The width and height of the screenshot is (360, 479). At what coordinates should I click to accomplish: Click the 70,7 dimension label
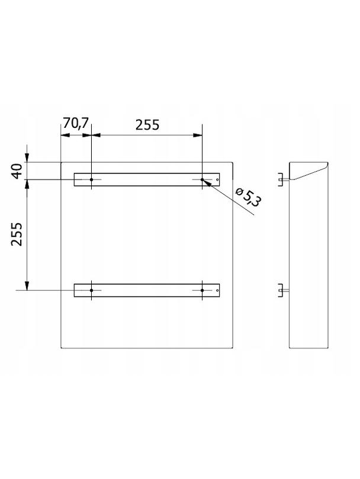click(75, 123)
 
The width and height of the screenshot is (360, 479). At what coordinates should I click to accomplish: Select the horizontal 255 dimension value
click(147, 125)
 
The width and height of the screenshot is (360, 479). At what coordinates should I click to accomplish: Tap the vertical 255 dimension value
click(17, 234)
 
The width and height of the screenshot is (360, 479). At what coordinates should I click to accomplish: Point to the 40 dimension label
click(17, 171)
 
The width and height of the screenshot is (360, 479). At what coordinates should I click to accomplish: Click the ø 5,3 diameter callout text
click(248, 197)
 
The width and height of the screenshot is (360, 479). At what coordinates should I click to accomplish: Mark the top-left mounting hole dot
click(91, 179)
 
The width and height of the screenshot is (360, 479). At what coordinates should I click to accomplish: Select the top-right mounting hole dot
click(202, 179)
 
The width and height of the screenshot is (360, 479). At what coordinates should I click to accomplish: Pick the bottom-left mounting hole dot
click(91, 290)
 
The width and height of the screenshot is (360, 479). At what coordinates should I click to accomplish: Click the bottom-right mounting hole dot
click(202, 290)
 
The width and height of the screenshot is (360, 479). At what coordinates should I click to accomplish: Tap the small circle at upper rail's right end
click(217, 179)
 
